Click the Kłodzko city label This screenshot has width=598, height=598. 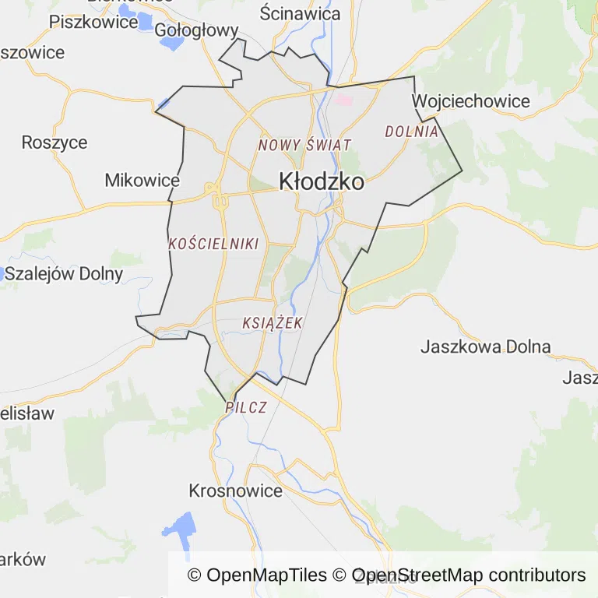click(322, 182)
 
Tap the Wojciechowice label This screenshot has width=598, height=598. click(470, 101)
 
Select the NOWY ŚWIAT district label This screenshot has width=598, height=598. click(305, 145)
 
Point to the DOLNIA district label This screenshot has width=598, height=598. click(412, 132)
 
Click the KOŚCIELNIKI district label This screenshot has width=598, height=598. click(213, 244)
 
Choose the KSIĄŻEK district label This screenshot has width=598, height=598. click(273, 322)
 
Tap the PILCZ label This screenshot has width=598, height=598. click(246, 407)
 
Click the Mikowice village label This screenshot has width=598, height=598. click(142, 181)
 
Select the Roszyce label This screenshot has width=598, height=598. click(55, 142)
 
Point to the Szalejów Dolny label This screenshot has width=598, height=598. click(64, 273)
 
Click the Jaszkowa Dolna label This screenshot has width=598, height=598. click(485, 346)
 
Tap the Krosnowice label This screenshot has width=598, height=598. click(235, 491)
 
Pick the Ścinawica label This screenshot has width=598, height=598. click(301, 13)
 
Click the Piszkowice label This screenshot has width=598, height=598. click(93, 21)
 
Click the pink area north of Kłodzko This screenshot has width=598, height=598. click(343, 100)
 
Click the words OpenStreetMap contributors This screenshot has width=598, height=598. click(469, 575)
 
